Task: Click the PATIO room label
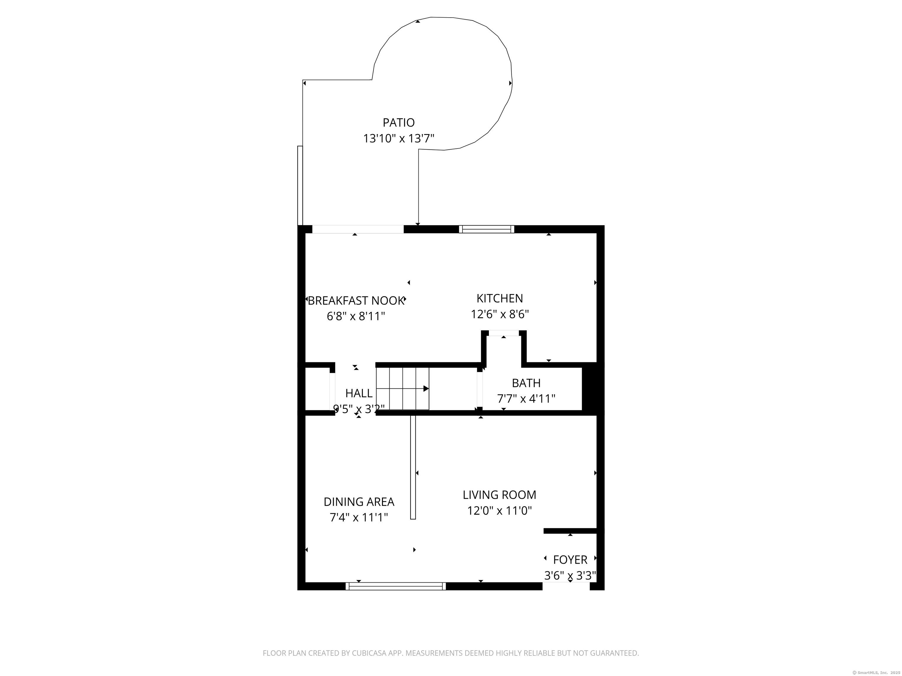tap(398, 122)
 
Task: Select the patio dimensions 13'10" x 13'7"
tap(398, 138)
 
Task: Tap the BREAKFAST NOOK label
tap(356, 301)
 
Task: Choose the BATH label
tap(526, 383)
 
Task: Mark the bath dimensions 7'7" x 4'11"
tap(526, 398)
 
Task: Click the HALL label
tap(359, 393)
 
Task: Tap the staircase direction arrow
tap(403, 389)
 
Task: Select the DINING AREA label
tap(359, 502)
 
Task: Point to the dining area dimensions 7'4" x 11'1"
tap(359, 518)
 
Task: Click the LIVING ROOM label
tap(499, 495)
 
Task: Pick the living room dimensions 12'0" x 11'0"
tap(499, 511)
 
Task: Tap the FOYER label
tap(570, 560)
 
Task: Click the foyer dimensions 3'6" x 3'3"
tap(570, 575)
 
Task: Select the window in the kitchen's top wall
tap(487, 229)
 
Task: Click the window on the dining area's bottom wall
tap(396, 586)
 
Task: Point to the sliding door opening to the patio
tap(358, 229)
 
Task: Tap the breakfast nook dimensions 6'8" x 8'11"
tap(356, 316)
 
